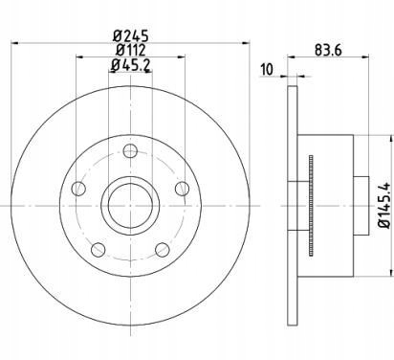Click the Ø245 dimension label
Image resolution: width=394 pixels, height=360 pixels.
[131, 35]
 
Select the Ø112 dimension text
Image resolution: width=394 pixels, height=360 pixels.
[131, 50]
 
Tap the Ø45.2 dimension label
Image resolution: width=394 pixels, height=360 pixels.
[131, 65]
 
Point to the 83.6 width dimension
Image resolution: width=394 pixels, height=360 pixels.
[328, 50]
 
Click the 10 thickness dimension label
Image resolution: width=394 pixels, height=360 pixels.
[267, 70]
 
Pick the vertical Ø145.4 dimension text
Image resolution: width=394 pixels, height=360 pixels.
[384, 205]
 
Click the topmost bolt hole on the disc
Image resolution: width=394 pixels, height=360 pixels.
[130, 150]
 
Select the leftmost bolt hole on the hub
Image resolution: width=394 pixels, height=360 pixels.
[78, 189]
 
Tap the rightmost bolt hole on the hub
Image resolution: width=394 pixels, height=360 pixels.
[183, 189]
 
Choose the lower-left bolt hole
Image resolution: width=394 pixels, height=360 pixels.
[98, 250]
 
